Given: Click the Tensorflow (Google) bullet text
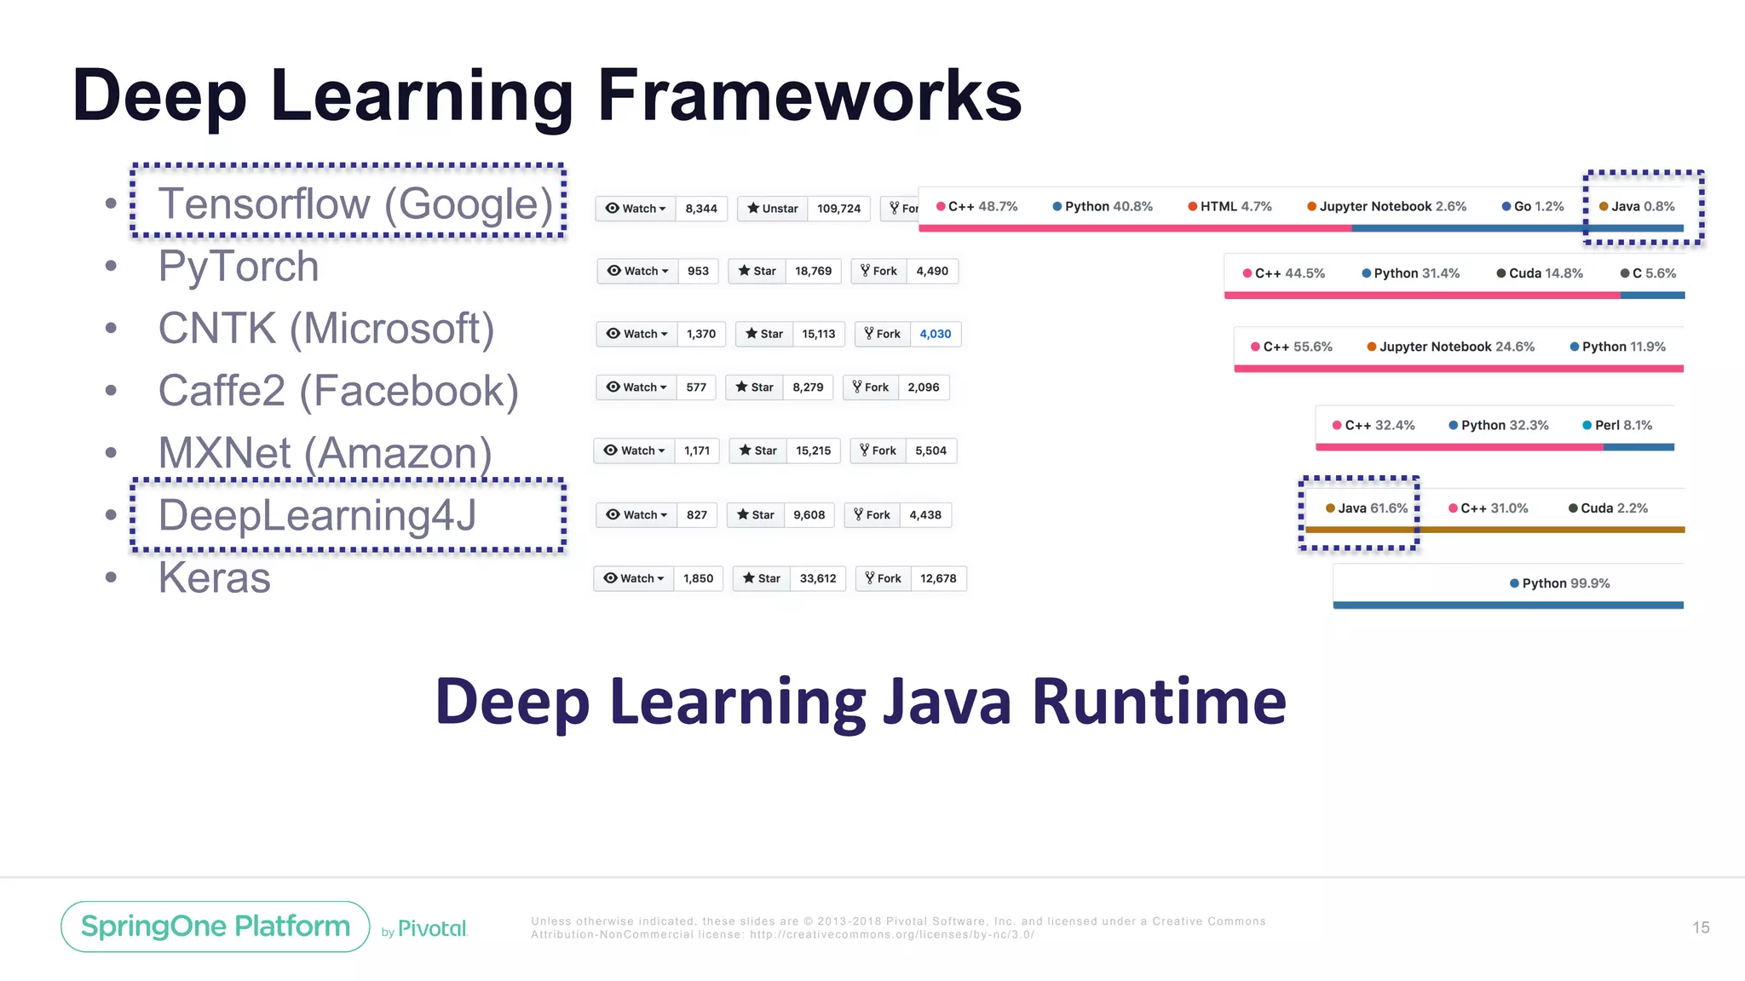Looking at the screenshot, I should click(355, 204).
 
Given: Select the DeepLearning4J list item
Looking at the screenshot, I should click(317, 515).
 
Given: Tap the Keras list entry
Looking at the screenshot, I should click(215, 578).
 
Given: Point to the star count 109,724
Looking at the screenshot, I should click(838, 209).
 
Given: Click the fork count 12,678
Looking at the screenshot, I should click(938, 578).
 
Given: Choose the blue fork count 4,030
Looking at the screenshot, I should click(935, 334).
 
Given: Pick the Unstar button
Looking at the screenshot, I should click(772, 209).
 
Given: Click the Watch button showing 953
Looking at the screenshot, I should click(637, 271).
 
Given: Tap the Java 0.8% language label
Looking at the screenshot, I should click(1637, 206).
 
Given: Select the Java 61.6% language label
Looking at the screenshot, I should click(1367, 508).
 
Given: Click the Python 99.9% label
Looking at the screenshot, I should click(1560, 583).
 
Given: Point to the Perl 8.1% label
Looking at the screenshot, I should click(1617, 425).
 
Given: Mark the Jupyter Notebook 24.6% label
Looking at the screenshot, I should click(1451, 347).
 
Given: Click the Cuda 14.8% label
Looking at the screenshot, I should click(1540, 273).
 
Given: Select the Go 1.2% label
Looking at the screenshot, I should click(1533, 206).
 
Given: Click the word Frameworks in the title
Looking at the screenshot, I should click(809, 95).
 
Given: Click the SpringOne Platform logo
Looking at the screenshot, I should click(216, 926).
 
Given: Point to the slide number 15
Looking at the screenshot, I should click(1701, 927).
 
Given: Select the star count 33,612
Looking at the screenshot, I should click(817, 578).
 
